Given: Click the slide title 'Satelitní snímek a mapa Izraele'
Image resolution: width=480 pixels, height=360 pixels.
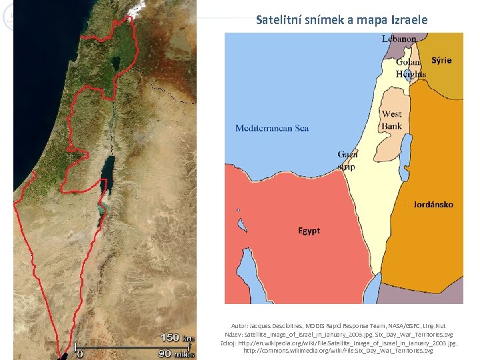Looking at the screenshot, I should [341, 20].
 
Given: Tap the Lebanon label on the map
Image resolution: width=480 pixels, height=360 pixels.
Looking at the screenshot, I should [399, 39].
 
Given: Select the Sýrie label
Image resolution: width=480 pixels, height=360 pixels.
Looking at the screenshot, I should [441, 60].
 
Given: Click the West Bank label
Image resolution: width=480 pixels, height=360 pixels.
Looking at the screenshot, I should [391, 120].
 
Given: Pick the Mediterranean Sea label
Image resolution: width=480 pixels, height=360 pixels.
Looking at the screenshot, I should [271, 128].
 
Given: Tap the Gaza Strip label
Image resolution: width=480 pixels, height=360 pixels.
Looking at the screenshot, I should [347, 160].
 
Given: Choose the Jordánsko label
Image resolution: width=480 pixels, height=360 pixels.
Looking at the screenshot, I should [433, 204].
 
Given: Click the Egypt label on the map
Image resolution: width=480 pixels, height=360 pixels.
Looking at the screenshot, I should [309, 231].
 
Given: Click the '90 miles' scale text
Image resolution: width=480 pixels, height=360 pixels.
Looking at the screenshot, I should [175, 353].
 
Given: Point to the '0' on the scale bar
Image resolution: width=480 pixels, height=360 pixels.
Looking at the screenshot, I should [80, 354].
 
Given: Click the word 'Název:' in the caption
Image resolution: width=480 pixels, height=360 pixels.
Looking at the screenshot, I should [234, 334].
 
